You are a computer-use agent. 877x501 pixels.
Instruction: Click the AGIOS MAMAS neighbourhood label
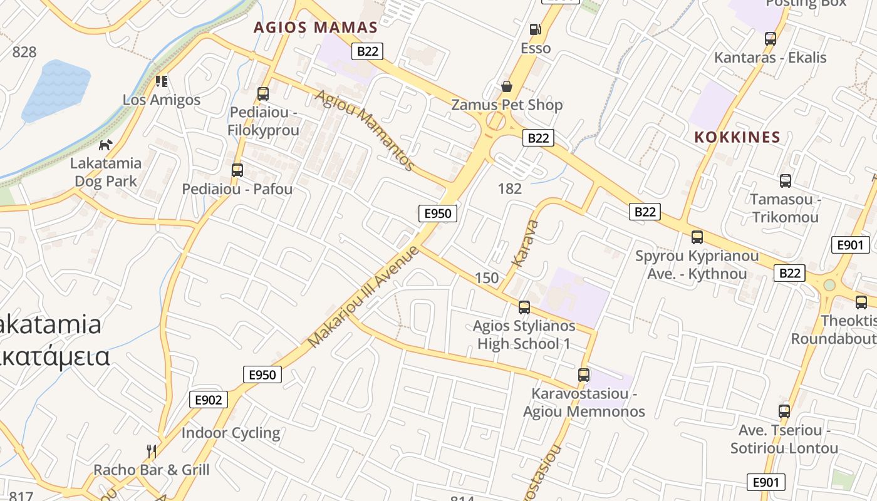coord(316,28)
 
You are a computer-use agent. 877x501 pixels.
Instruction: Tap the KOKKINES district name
coord(737,137)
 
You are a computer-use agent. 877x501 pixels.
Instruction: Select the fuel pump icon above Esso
coord(535,29)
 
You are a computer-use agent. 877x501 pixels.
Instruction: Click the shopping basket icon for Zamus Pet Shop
coord(506,86)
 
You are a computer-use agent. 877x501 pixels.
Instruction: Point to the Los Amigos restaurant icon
coord(162,81)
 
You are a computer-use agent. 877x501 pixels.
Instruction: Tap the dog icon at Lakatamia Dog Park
coord(106,145)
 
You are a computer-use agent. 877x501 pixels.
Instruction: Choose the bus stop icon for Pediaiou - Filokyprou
coord(263,94)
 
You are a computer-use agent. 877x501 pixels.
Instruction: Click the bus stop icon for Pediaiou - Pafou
coord(237,170)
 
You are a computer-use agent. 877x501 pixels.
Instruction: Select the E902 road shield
coord(209,400)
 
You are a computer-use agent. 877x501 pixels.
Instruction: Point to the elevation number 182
coord(510,189)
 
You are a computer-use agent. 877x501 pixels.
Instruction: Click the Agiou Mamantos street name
coord(365,130)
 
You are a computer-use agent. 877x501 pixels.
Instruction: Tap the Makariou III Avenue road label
coord(363,297)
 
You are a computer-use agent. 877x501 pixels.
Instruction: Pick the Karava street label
coord(525,243)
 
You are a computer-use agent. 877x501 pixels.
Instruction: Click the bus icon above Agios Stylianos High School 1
coord(524,307)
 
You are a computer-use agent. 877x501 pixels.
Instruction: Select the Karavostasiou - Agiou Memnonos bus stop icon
coord(584,375)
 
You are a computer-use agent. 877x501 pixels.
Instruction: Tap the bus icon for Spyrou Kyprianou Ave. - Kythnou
coord(697,237)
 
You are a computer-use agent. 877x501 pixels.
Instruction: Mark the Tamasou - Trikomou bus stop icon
coord(785,181)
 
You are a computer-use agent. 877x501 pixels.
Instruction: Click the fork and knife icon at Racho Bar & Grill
coord(151,451)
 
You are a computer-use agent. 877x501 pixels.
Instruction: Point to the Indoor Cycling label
coord(231,433)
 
